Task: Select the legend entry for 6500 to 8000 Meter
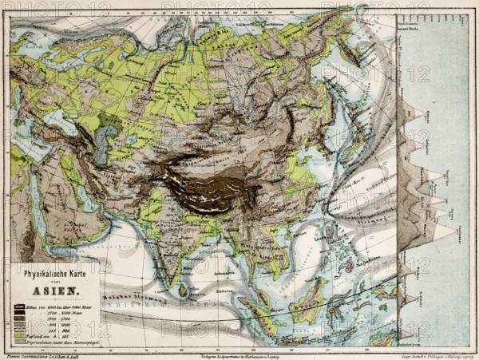click(x=63, y=307)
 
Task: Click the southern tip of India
click(x=173, y=275)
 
